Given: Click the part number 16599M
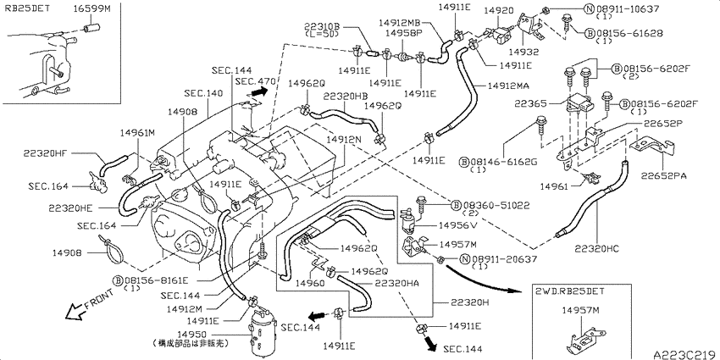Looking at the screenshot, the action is click(92, 8).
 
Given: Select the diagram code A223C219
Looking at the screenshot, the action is click(686, 354).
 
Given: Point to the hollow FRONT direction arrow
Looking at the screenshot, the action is click(75, 313).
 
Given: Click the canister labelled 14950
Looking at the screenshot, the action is click(263, 331).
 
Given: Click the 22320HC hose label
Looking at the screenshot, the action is click(597, 249).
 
